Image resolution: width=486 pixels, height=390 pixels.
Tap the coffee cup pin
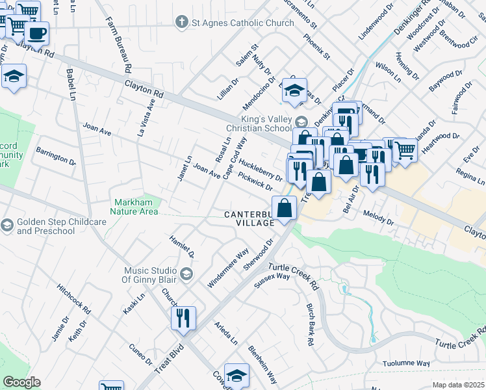(37, 32)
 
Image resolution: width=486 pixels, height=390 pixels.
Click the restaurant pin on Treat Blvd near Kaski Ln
(183, 318)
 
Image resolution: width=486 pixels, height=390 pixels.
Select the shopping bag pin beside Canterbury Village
(284, 209)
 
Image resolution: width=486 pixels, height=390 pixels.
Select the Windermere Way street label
(228, 268)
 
